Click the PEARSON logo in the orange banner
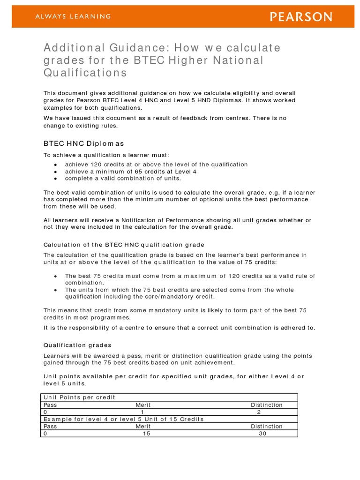[x=301, y=17]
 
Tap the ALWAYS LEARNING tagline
[x=73, y=16]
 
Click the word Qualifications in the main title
[x=85, y=73]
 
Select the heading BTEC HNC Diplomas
[x=83, y=143]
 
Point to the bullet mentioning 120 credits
[x=156, y=164]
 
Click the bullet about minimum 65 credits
[x=130, y=171]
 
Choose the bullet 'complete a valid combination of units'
[x=123, y=178]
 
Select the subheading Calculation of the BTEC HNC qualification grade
[x=124, y=245]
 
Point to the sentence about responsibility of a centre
[x=180, y=328]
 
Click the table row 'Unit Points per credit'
[x=79, y=397]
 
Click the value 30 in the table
[x=262, y=434]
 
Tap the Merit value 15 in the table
[x=146, y=434]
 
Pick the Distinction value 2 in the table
[x=259, y=412]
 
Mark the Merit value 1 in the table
[x=142, y=412]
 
